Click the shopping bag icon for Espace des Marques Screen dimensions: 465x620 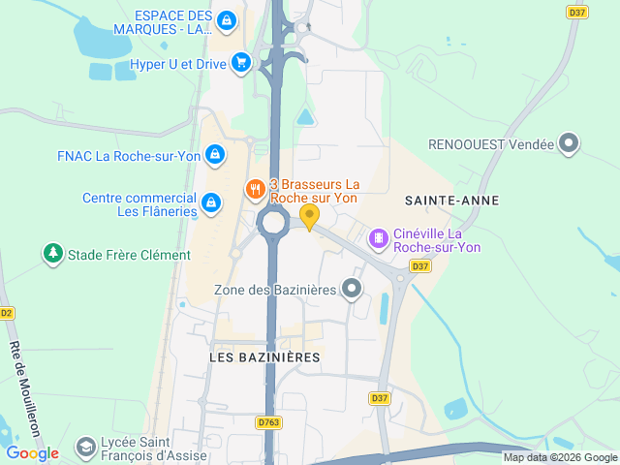coord(226,19)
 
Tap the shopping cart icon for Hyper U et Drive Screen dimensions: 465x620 coord(241,64)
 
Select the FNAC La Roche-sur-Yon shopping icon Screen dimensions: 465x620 coord(215,154)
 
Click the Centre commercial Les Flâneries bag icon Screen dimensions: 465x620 coord(210,202)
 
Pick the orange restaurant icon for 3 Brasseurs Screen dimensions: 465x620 coord(256,190)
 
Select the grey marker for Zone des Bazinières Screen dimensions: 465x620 coord(352,289)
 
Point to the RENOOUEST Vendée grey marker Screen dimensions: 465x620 coord(570,144)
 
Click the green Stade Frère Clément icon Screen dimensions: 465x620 coord(51,255)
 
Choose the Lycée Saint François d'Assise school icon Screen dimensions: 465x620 coord(85,447)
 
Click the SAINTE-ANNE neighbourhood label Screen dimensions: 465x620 coord(453,201)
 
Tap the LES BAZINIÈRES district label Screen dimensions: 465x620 coord(264,357)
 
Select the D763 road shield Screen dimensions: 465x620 coord(268,422)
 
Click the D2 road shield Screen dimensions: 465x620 coord(7,313)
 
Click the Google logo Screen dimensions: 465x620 coord(32,452)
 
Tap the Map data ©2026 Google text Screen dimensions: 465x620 coord(559,457)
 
